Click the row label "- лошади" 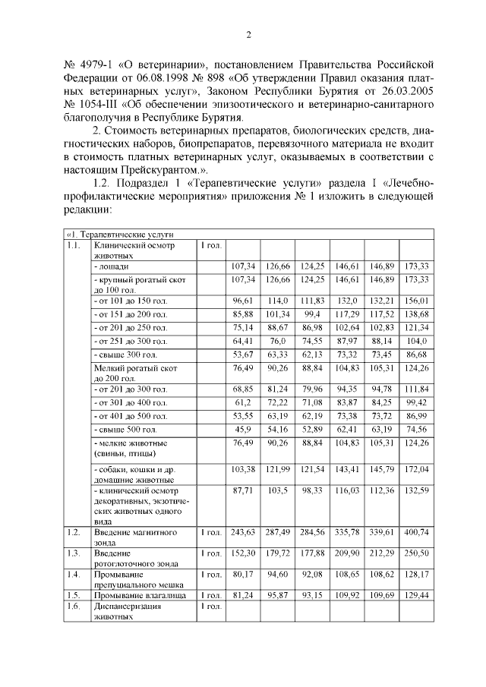(112, 266)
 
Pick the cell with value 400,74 (417, 532)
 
